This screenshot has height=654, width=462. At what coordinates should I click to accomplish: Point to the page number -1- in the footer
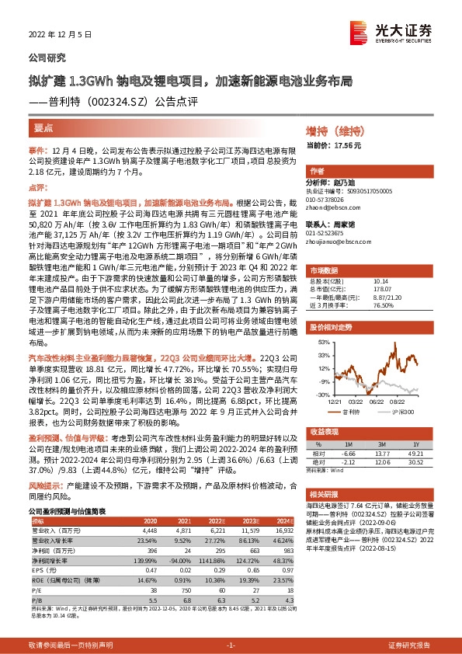click(231, 645)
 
